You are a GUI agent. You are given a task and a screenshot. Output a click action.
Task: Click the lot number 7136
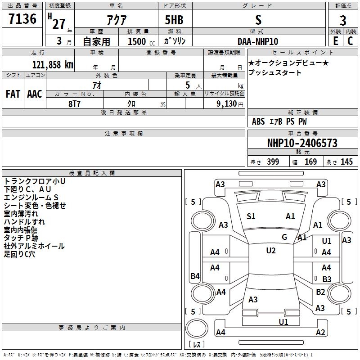[x=22, y=19]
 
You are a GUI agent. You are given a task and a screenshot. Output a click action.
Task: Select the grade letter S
[x=258, y=20]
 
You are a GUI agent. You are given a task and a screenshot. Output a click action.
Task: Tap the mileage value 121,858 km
[x=53, y=65]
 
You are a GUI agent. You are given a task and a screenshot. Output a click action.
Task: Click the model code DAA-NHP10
[x=258, y=41]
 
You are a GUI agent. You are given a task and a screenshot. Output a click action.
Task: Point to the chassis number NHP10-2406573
[x=302, y=143]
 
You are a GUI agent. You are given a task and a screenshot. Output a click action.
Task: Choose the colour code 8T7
[x=74, y=104]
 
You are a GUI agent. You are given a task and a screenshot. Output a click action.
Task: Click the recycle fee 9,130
[x=226, y=104]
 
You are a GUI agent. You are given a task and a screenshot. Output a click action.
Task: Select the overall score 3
[x=343, y=20]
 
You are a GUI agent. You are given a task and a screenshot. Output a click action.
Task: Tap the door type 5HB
[x=174, y=20]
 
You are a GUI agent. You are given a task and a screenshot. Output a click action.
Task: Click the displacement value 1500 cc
[x=141, y=41]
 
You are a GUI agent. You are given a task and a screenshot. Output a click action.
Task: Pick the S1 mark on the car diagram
[x=251, y=216]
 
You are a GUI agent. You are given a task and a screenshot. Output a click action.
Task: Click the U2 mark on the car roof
[x=271, y=251]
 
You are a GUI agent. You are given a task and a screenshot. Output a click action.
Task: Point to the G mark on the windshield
[x=284, y=237]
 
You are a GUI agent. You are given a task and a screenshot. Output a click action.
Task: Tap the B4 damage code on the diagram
[x=195, y=276]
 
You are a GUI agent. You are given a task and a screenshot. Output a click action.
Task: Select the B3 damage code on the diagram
[x=327, y=279]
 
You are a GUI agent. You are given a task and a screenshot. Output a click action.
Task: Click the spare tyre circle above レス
[x=197, y=328]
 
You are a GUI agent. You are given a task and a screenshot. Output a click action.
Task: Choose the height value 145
[x=346, y=162]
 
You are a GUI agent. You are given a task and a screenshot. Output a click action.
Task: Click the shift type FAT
[x=13, y=94]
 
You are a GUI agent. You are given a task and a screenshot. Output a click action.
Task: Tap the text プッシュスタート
[x=275, y=72]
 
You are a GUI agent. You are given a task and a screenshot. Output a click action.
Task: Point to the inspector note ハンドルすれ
[x=24, y=222]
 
